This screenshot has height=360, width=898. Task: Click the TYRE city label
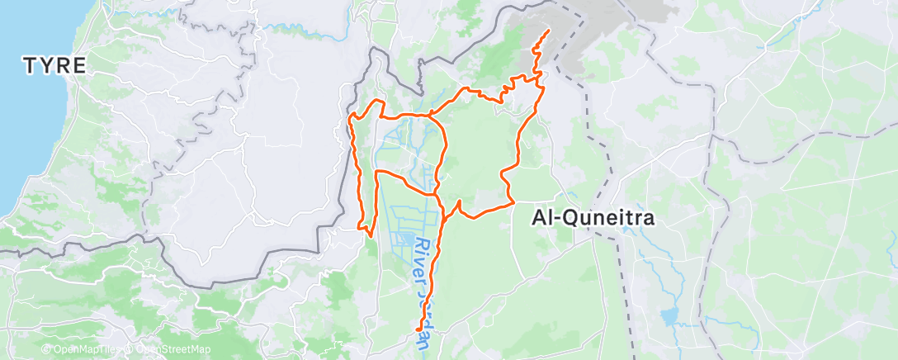pyautogui.click(x=55, y=66)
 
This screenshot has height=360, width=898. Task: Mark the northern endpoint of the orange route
pyautogui.click(x=549, y=31)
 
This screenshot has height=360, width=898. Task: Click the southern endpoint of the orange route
pyautogui.click(x=420, y=331)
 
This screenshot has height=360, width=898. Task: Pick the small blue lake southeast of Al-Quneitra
pyautogui.click(x=669, y=316)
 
